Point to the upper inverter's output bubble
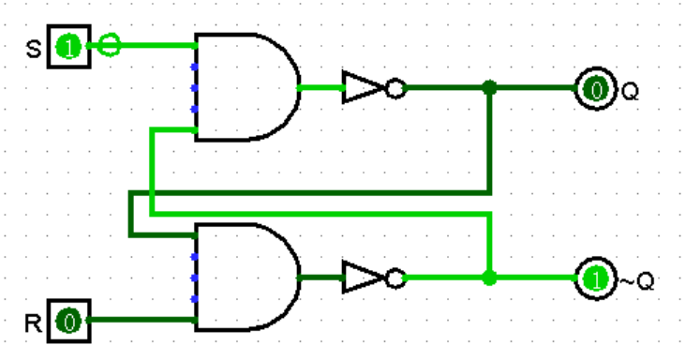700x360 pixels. pyautogui.click(x=395, y=89)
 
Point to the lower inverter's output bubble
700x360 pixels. pyautogui.click(x=395, y=278)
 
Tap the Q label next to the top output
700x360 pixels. pyautogui.click(x=629, y=91)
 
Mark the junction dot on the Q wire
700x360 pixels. pyautogui.click(x=488, y=89)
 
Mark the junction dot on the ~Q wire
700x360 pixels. pyautogui.click(x=488, y=278)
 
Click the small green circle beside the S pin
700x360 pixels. pyautogui.click(x=110, y=44)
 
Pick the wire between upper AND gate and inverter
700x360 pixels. pyautogui.click(x=320, y=88)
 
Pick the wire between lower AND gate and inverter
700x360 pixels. pyautogui.click(x=320, y=278)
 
